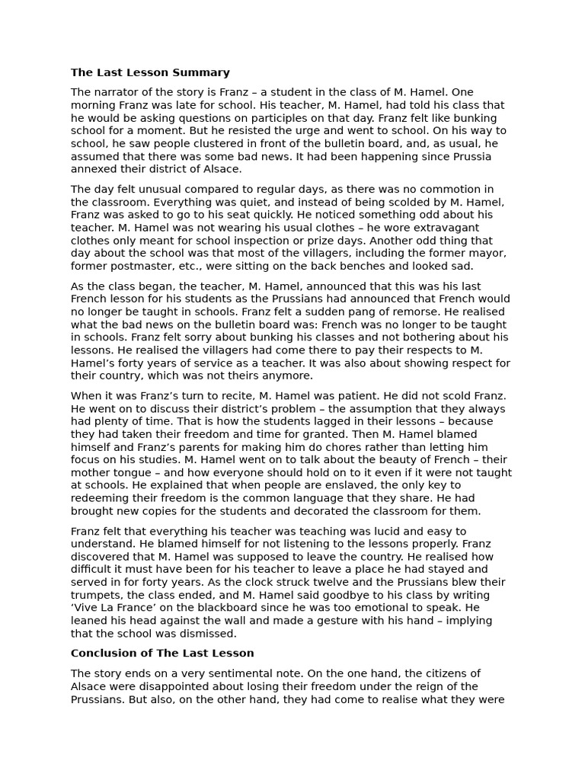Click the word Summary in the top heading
click(203, 72)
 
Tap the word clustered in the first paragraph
click(205, 143)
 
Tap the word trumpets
click(96, 596)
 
